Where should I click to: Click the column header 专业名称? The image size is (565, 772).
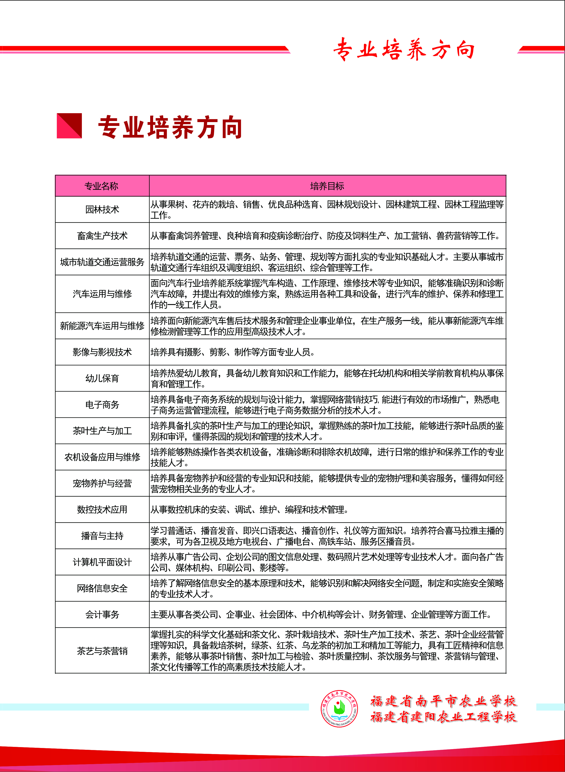tap(102, 186)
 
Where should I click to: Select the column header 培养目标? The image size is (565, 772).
tap(327, 186)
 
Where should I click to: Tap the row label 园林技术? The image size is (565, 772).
tap(102, 209)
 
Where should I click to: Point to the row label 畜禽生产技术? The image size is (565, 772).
tap(102, 236)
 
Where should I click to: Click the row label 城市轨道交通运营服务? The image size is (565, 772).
tap(102, 262)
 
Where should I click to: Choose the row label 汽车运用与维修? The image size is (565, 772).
tap(102, 294)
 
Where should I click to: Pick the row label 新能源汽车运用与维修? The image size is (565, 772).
tap(102, 325)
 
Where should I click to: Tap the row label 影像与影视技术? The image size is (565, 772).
tap(102, 352)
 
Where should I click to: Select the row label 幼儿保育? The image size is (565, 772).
tap(102, 378)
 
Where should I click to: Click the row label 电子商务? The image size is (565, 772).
tap(102, 404)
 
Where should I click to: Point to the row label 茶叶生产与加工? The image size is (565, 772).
tap(102, 431)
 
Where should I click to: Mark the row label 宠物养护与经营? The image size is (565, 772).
tap(102, 483)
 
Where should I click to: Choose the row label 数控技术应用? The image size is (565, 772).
tap(102, 509)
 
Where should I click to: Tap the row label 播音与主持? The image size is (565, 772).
tap(102, 536)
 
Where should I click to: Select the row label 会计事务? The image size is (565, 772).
tap(102, 614)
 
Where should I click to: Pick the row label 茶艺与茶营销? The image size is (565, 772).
tap(102, 651)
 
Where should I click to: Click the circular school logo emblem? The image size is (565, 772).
tap(339, 708)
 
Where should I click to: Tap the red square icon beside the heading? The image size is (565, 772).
tap(69, 126)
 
